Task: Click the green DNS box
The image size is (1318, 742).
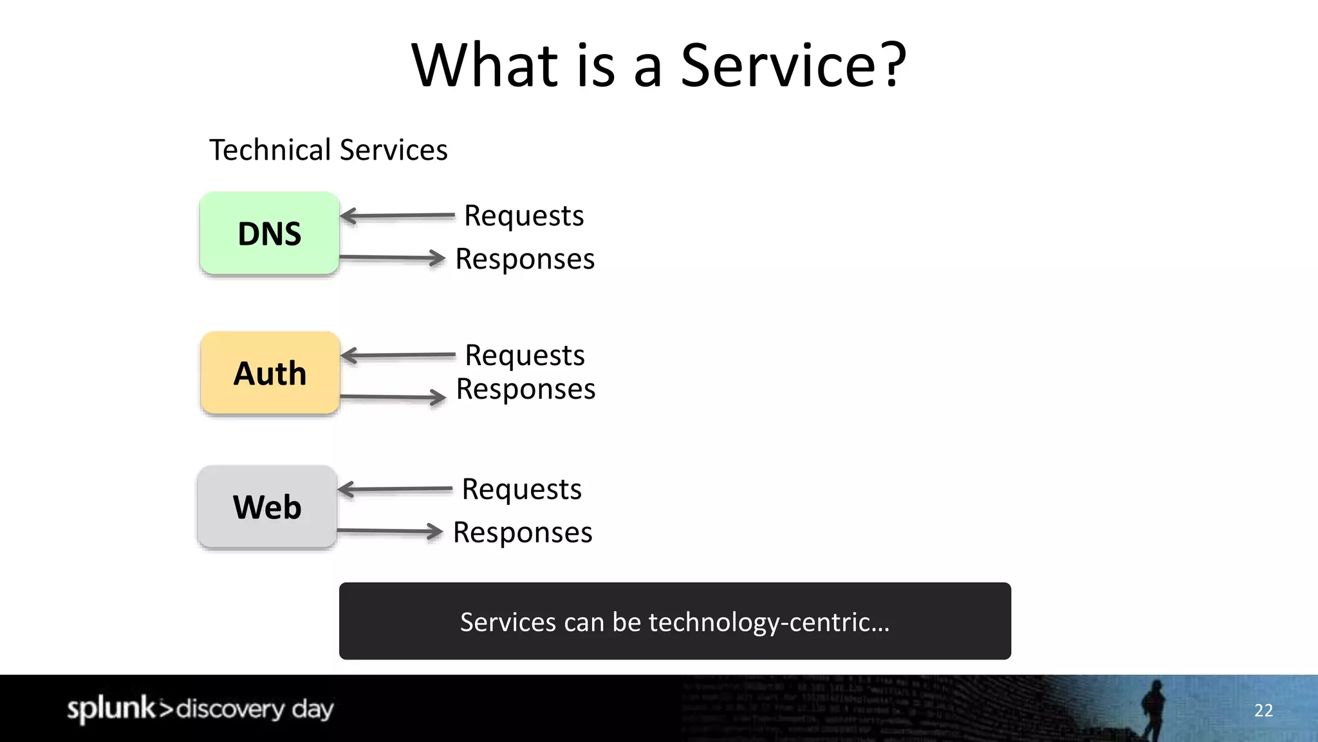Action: point(269,233)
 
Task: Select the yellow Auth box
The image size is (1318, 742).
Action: point(270,373)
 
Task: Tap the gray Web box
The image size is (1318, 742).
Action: point(267,507)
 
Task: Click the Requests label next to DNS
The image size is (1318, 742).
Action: point(524,216)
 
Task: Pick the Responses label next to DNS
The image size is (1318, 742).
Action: point(524,259)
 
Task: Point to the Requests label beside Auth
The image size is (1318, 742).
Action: point(524,356)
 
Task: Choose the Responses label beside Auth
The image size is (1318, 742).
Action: point(525,389)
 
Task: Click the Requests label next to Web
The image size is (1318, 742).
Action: point(521,490)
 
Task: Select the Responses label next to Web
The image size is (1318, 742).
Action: point(523,533)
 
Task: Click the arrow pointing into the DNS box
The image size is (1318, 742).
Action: point(397,216)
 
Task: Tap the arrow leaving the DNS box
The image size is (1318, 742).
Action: point(393,258)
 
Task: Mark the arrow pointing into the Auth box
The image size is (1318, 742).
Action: point(398,356)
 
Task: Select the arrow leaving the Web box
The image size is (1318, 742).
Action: point(390,531)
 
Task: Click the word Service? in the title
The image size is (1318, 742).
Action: point(793,66)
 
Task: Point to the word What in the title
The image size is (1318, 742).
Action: point(485,66)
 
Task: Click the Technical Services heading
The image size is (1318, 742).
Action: point(328,150)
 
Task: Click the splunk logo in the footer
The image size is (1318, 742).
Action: point(111,709)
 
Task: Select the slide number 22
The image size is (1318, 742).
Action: point(1263,710)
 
